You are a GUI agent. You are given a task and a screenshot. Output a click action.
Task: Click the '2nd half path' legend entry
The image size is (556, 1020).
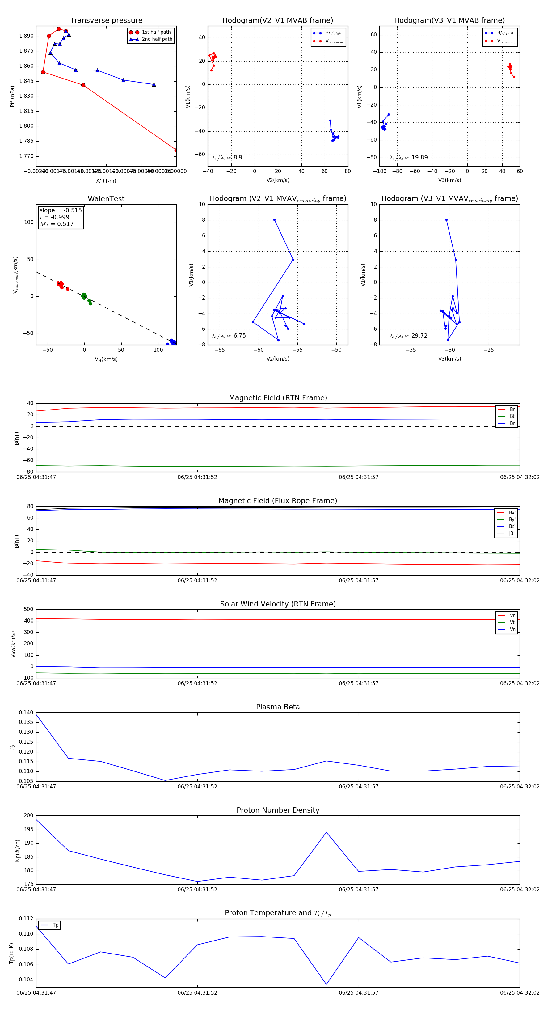[x=157, y=39]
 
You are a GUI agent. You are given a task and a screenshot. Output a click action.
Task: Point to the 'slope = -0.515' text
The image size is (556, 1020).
[x=61, y=210]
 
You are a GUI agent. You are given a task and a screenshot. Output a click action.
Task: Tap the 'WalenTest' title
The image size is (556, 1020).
[x=106, y=199]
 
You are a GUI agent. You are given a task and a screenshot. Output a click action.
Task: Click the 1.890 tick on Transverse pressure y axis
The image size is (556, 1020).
[x=27, y=36]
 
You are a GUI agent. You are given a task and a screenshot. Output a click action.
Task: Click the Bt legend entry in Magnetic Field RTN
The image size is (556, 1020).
[x=512, y=416]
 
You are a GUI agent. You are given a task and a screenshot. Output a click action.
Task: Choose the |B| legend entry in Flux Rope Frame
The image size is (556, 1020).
[x=512, y=533]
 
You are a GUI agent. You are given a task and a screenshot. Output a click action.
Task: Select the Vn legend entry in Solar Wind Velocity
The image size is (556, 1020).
[x=512, y=630]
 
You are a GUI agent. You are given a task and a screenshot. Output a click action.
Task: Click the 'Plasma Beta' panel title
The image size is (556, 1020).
[x=278, y=707]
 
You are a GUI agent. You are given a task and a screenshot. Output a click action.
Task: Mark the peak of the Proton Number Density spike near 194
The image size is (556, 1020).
[x=326, y=832]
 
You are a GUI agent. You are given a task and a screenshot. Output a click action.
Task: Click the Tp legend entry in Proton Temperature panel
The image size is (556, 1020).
[x=55, y=925]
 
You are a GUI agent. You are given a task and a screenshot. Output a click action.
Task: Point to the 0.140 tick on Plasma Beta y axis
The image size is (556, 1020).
[x=26, y=713]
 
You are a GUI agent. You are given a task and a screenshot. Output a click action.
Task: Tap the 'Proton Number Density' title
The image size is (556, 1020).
[x=278, y=810]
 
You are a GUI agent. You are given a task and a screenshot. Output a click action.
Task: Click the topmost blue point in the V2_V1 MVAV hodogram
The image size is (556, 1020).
[x=274, y=220]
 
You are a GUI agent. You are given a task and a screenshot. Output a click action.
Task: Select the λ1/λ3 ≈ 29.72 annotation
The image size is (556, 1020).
[x=408, y=336]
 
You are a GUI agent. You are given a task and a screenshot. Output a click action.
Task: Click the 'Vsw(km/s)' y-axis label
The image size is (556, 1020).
[x=13, y=644]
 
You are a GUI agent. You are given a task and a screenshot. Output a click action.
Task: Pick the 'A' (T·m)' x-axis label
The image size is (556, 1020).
[x=106, y=181]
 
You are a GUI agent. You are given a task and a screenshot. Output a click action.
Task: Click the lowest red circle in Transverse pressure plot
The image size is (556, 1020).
[x=176, y=150]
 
